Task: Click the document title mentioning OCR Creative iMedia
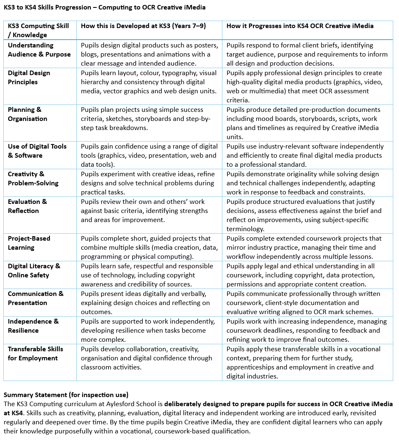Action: [x=104, y=7]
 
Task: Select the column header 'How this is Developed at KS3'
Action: [x=143, y=26]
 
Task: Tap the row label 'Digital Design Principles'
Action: [x=29, y=78]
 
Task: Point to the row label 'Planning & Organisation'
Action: [x=27, y=114]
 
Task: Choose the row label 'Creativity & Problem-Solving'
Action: [x=33, y=178]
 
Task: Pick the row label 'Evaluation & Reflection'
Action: [x=27, y=206]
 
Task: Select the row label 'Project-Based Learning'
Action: [x=29, y=243]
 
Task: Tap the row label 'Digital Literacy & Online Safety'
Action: [x=34, y=270]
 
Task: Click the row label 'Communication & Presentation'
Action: [x=35, y=298]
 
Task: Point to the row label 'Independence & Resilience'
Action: [x=33, y=326]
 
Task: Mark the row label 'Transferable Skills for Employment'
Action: [x=35, y=353]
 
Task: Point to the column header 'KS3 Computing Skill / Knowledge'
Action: [x=38, y=30]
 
